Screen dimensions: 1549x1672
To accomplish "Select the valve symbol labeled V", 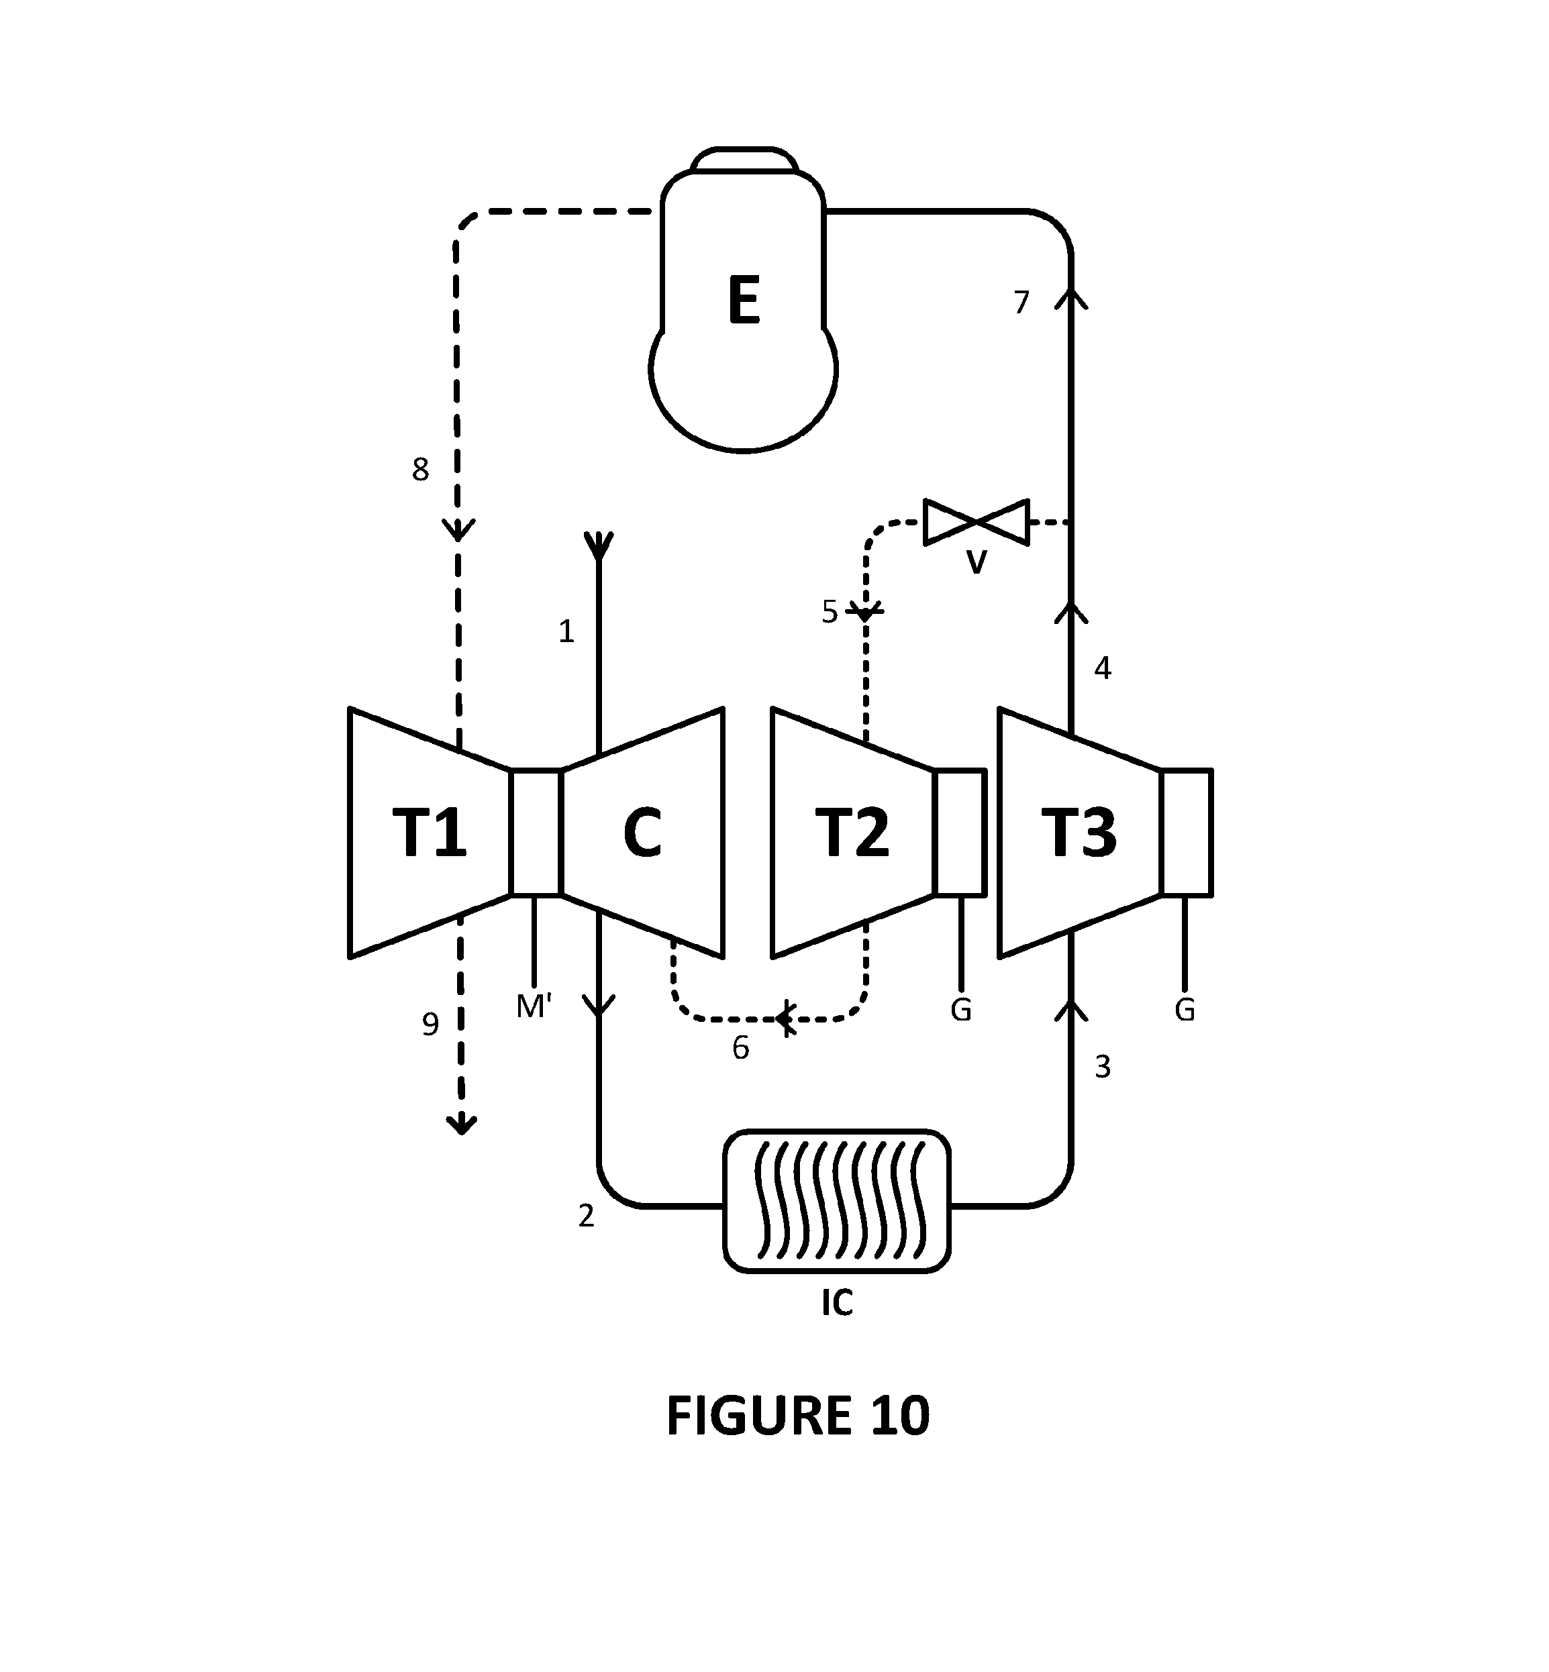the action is click(976, 522).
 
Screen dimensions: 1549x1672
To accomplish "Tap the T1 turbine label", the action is click(429, 833).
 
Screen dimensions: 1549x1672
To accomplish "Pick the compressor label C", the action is click(642, 833).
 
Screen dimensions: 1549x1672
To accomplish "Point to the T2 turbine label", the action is click(852, 833).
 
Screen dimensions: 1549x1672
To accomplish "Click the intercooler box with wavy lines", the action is click(836, 1201).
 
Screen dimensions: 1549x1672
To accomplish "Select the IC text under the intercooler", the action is click(836, 1302).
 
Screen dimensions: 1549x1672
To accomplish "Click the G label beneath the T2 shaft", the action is click(960, 1010).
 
